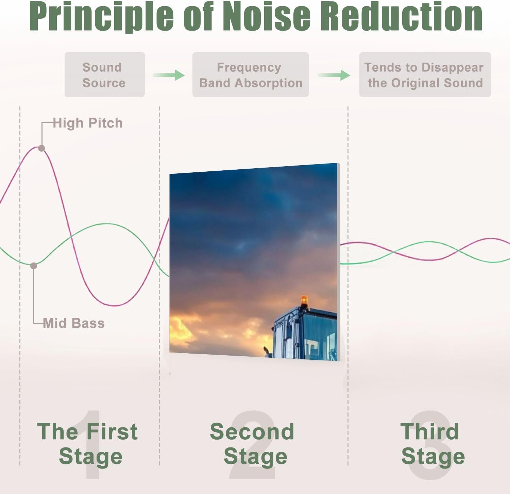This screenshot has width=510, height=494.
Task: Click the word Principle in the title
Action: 102,16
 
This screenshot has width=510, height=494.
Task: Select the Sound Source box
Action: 105,75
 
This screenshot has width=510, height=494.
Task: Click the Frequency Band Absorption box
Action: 251,75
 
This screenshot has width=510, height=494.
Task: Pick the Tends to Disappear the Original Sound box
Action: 425,75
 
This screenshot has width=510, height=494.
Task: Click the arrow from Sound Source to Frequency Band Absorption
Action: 169,75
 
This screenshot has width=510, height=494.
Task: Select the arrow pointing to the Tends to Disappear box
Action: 334,75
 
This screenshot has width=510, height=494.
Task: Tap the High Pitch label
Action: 88,123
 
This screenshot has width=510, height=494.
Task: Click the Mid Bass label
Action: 74,323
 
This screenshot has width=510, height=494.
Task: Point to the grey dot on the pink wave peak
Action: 41,148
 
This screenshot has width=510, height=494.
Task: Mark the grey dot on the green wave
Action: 34,266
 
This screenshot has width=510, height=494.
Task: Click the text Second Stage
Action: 252,444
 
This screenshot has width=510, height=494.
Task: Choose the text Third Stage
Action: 432,444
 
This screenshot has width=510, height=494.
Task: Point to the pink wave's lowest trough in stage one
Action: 116,305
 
